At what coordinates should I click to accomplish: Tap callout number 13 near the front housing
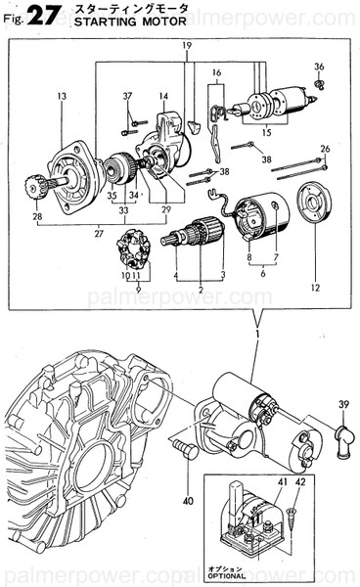62,96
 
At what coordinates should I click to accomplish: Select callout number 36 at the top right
319,67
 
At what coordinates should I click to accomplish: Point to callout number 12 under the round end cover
314,288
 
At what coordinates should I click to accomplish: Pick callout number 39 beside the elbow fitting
342,404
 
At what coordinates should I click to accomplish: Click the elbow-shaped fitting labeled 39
339,429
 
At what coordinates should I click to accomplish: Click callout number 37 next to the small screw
126,95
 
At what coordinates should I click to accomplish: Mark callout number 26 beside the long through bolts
324,149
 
